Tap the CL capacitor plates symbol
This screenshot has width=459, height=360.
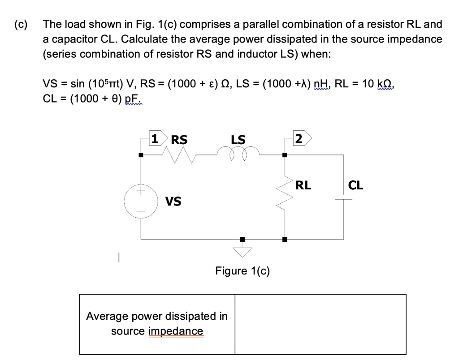pos(344,198)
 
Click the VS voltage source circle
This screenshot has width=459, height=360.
pos(142,201)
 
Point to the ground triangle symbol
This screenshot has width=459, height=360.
pos(242,252)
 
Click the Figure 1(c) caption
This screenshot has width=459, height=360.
pos(242,271)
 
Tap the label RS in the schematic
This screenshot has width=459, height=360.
pos(179,140)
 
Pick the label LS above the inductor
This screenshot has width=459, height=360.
pos(238,140)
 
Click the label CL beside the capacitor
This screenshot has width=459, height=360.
pos(356,185)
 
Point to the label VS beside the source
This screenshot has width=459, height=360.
pos(173,201)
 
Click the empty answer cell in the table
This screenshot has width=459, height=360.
pos(320,324)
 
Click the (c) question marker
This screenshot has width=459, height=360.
pos(20,24)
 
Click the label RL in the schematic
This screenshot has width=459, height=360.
pos(303,185)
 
